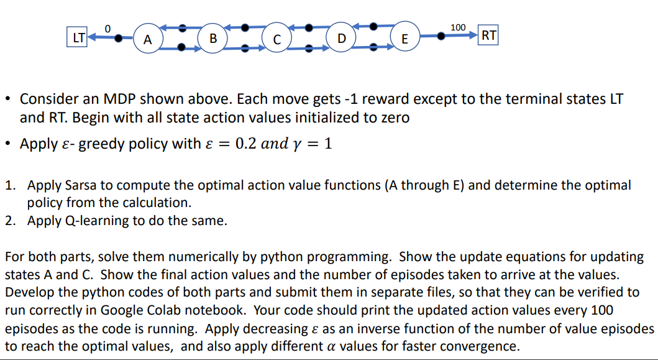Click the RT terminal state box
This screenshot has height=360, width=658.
pos(488,35)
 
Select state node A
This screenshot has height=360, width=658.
pos(148,39)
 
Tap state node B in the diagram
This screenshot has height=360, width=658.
pos(212,39)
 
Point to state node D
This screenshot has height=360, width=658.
pos(342,39)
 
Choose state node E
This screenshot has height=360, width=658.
pos(404,39)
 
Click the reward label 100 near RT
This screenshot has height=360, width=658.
pos(458,27)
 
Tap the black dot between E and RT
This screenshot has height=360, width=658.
pos(441,36)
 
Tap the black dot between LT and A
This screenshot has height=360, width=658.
pos(118,38)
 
